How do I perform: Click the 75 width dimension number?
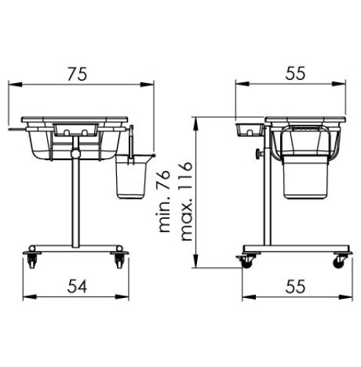[77, 74]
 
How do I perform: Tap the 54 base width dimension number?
[77, 286]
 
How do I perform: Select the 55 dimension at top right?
[296, 73]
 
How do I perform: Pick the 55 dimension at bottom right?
[296, 286]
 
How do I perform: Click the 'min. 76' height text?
[162, 200]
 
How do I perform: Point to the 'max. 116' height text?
[186, 201]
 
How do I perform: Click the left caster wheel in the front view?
[32, 261]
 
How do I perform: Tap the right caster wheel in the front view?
[119, 261]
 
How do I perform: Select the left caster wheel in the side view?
[246, 262]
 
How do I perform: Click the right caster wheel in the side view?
[340, 261]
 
